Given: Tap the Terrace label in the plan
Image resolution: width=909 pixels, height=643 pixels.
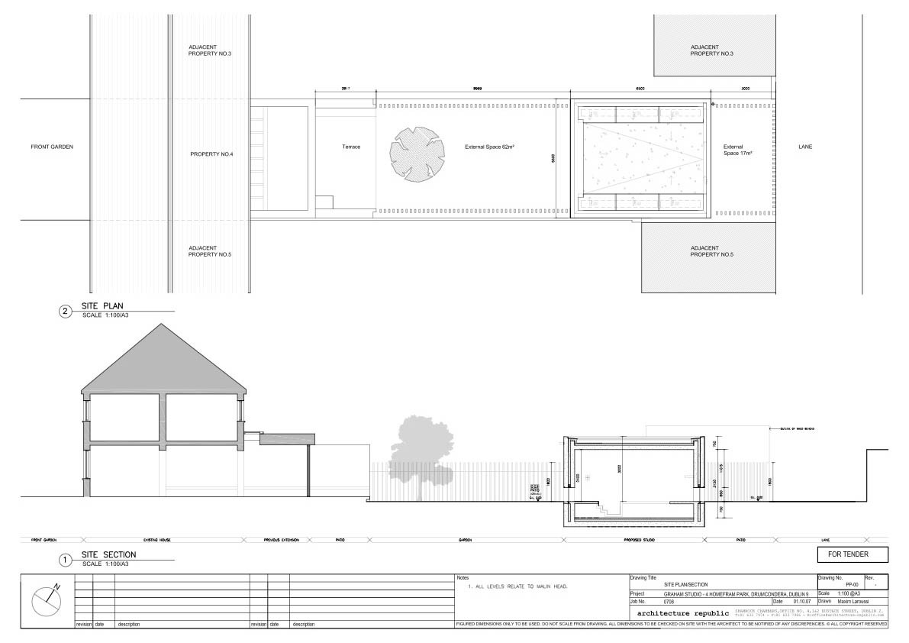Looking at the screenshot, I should coord(351,147).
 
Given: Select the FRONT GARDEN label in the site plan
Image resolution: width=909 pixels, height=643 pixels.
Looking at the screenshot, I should coord(52,147).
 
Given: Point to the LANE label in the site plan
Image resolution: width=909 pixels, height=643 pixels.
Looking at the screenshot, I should coord(805,147).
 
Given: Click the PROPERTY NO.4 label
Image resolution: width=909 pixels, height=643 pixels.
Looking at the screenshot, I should coord(211,154).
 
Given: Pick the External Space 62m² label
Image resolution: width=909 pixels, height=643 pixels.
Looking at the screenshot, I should coord(489,147).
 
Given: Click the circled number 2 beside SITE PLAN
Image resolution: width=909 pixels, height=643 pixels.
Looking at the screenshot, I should coord(65,311).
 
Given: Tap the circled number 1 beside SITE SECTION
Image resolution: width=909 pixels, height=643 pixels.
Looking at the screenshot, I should coord(65,560).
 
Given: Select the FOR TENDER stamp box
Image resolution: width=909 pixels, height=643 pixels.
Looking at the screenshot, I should coord(853,554).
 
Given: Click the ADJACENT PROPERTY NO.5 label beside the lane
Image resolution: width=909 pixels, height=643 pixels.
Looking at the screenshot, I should coord(705,251).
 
